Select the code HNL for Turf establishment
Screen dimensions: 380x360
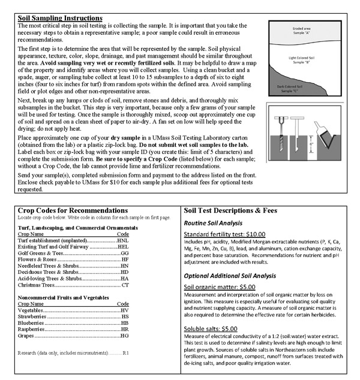[122, 240]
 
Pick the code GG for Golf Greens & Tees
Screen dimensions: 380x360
[125, 254]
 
